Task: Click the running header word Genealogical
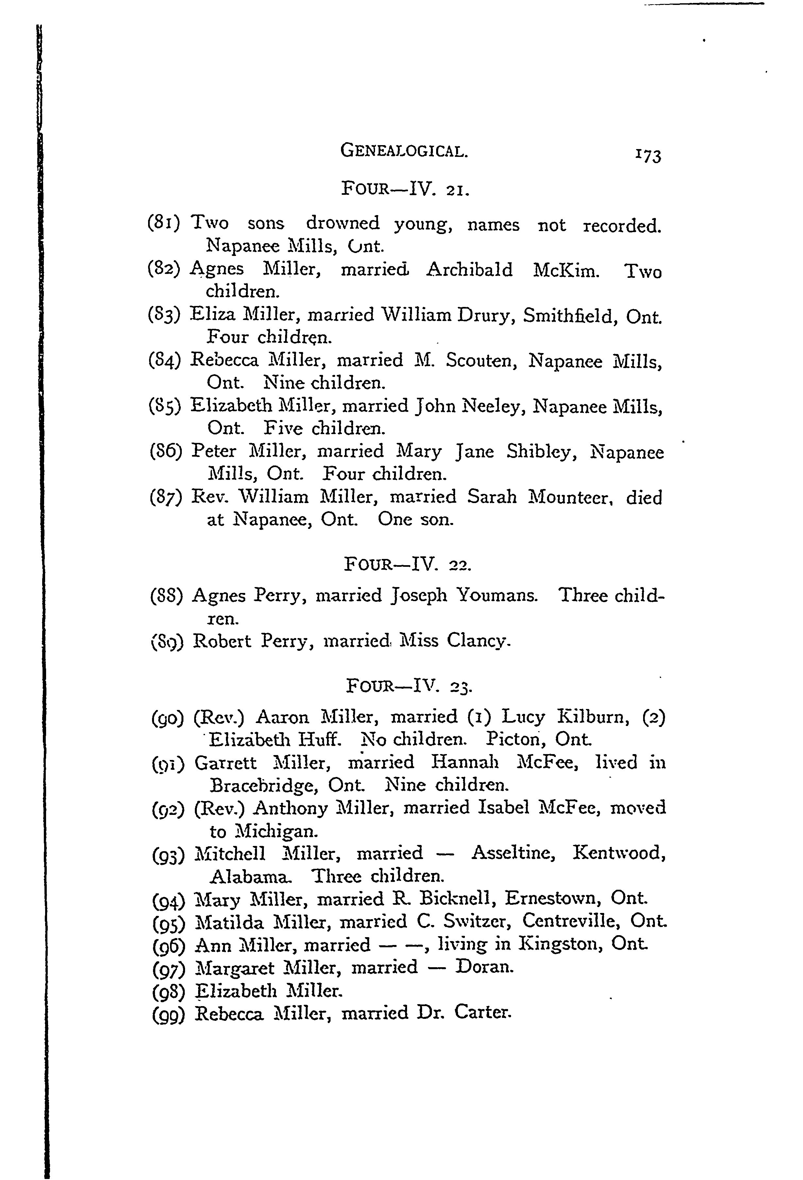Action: [x=404, y=151]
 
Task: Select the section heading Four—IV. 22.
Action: [x=407, y=564]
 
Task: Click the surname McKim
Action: [x=566, y=270]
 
